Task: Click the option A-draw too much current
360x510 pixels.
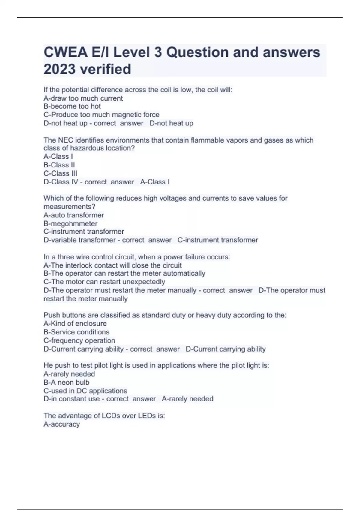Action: click(83, 98)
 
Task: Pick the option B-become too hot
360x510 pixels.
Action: click(72, 106)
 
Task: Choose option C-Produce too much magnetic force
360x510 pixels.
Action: click(101, 115)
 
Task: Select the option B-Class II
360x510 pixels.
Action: click(59, 165)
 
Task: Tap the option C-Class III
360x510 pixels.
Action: click(60, 173)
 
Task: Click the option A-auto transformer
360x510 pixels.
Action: click(74, 215)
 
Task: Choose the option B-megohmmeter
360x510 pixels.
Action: click(70, 223)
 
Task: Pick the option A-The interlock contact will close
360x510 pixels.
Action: click(112, 265)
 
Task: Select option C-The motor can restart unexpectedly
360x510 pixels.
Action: click(104, 282)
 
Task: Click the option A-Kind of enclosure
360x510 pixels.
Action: click(75, 324)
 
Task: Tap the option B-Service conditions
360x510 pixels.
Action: click(76, 332)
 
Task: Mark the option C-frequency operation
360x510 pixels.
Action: click(79, 340)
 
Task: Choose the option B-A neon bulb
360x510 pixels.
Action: click(66, 382)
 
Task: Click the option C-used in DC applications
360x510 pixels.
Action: click(85, 391)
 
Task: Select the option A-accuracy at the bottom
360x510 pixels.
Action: click(61, 424)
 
